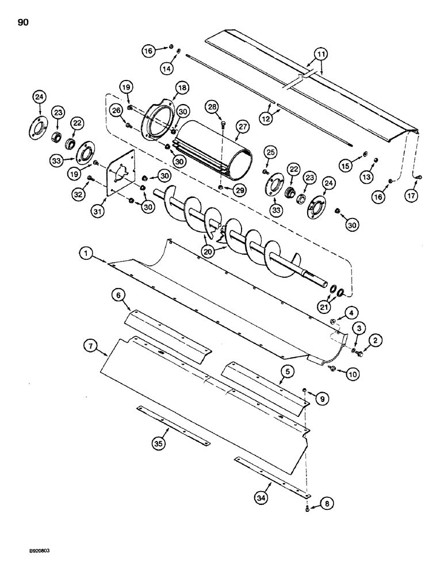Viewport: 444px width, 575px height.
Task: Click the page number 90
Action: click(17, 22)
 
